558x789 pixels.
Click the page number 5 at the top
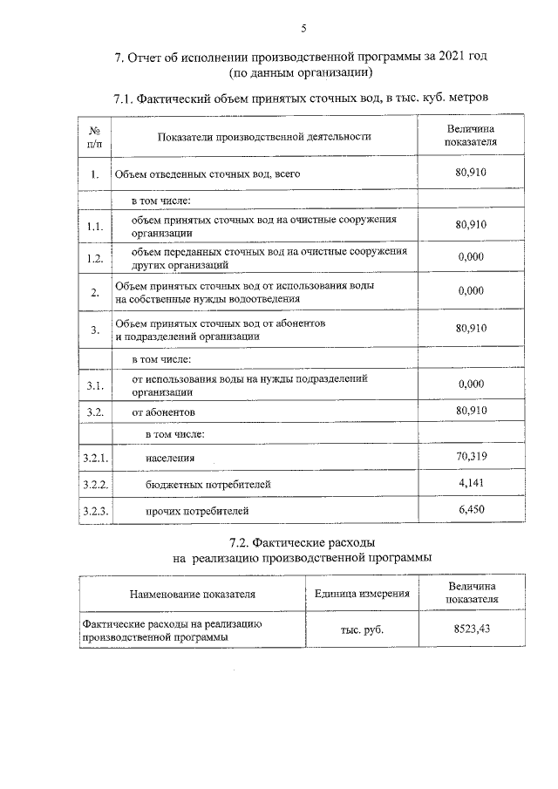303,28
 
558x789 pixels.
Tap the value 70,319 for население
470,456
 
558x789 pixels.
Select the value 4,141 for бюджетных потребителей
470,482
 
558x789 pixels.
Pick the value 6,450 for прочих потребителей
470,509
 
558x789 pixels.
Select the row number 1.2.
95,258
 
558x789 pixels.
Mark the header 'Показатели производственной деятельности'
264,136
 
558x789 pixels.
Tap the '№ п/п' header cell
95,136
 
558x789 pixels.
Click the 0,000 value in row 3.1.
470,384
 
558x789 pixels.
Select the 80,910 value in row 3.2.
470,410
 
